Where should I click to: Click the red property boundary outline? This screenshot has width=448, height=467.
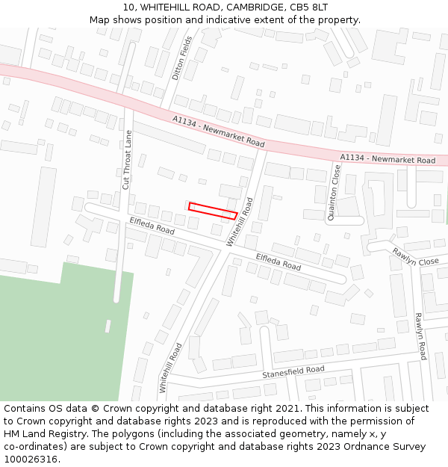[213, 210]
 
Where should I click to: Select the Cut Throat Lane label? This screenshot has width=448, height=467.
[127, 159]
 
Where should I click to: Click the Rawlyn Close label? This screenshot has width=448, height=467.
[416, 256]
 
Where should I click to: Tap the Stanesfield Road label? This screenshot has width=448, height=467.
[293, 372]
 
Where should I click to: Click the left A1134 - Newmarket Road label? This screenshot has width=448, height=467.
[218, 132]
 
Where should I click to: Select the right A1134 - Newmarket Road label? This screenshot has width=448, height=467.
[388, 159]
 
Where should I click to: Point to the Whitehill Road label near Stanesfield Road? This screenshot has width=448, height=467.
[170, 368]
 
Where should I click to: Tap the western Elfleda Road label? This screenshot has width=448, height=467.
[152, 226]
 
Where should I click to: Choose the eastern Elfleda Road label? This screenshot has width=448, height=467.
[279, 261]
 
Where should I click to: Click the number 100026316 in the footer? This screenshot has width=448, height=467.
[32, 459]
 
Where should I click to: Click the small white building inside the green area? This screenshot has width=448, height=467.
[108, 327]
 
